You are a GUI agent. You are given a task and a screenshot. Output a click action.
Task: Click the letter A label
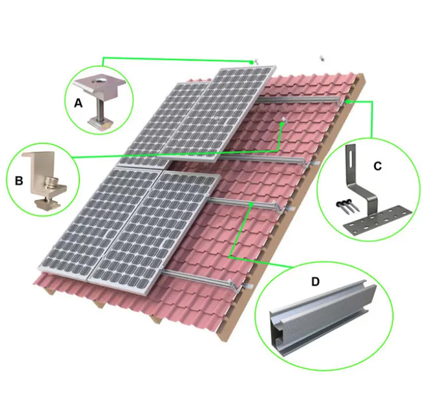pos(78,103)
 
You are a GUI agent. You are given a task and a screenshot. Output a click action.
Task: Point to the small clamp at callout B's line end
pos(283,121)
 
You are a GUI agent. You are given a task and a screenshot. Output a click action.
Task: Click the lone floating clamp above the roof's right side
pos(322,57)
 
